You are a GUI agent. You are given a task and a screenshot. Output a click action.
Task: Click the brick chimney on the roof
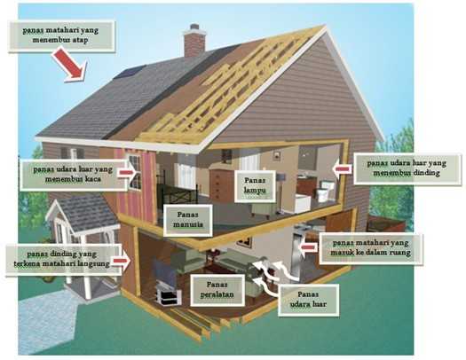(194, 41)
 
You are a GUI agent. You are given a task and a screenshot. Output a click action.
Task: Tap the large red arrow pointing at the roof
(70, 65)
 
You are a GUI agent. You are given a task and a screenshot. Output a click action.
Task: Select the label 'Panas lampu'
(255, 185)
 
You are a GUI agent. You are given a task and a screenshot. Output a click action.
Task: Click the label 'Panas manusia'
(188, 220)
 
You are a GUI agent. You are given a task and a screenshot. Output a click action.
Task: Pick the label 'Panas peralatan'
(217, 290)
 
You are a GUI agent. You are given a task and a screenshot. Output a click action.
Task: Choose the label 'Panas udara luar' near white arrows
(308, 300)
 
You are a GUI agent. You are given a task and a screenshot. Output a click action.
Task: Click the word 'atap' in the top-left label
(80, 40)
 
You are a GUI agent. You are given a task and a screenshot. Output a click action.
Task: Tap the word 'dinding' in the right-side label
(426, 173)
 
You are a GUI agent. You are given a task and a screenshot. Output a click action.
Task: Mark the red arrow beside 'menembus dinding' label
(342, 168)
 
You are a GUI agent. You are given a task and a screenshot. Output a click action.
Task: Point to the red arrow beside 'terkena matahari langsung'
(122, 261)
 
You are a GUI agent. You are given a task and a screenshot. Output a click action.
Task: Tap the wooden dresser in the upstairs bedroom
(221, 184)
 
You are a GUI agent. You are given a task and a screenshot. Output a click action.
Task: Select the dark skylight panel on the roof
(130, 72)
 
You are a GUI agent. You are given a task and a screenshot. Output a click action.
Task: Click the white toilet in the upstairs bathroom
(324, 191)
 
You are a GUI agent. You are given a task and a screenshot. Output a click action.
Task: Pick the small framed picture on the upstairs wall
(277, 154)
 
